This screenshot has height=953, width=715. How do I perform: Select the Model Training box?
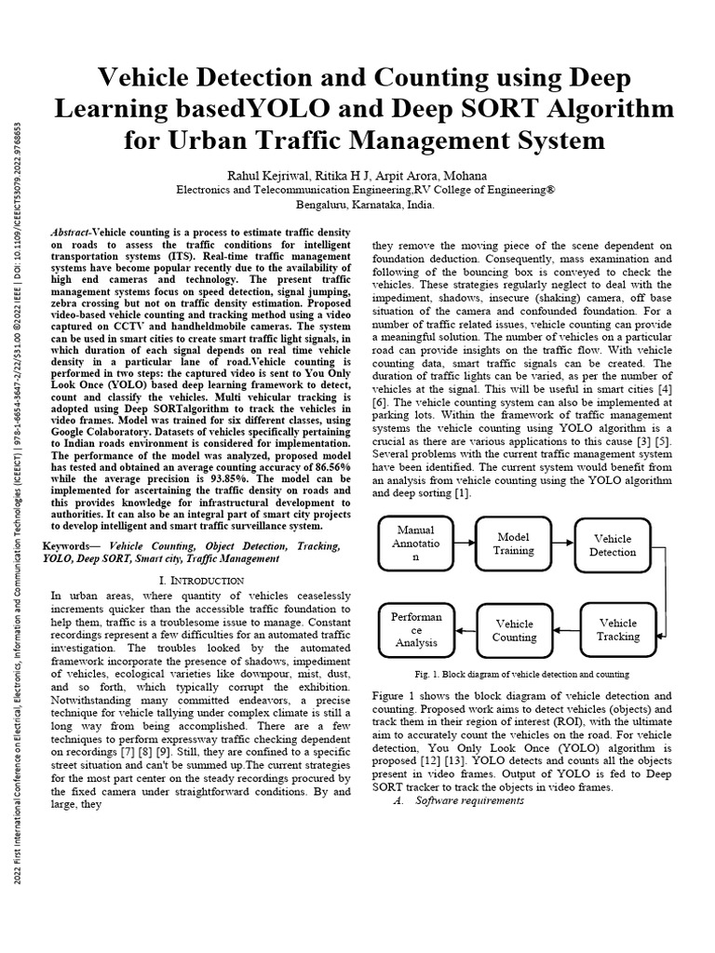[514, 544]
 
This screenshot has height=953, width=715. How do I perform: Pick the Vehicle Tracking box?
[617, 629]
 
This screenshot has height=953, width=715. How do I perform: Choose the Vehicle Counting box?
[514, 630]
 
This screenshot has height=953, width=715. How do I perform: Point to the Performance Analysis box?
[416, 629]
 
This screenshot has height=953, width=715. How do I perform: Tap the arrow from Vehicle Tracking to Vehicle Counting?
[566, 630]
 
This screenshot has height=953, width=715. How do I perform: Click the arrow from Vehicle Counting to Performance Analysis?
[466, 630]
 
